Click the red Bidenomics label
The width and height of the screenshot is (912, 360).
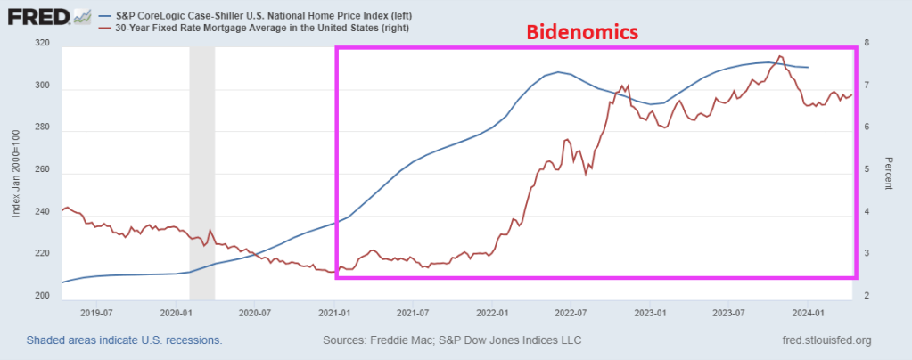582,33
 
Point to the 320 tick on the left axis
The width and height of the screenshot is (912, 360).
42,44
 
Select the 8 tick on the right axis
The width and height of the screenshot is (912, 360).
867,44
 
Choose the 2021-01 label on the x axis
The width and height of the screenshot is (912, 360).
334,314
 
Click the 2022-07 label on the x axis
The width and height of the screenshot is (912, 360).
571,314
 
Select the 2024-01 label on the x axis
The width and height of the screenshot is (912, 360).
808,314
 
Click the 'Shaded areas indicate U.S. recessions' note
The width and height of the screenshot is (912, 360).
124,340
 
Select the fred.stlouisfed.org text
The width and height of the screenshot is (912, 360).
825,340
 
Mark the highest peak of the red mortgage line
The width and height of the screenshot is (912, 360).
780,57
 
